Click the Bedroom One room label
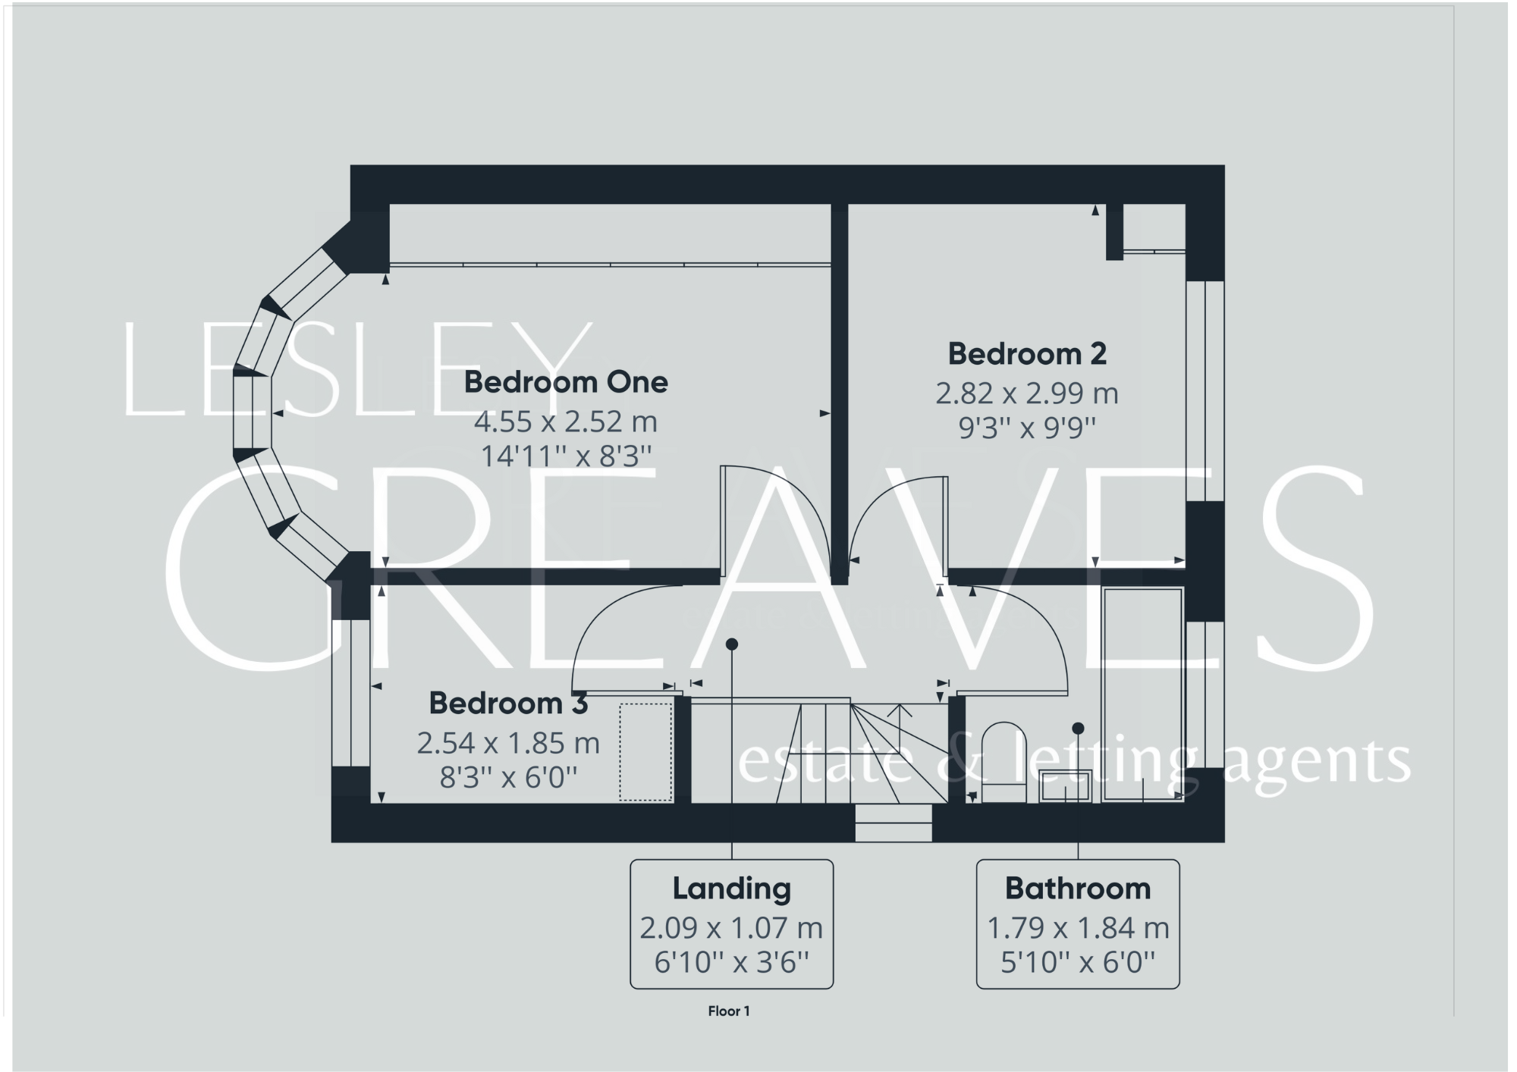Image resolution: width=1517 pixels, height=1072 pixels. click(566, 382)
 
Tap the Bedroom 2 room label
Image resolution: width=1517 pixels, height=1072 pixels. click(1026, 354)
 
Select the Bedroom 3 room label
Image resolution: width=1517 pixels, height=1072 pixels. click(507, 704)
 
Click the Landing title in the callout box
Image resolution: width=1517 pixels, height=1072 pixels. click(731, 889)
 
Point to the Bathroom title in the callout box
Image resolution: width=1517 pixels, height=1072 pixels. click(1077, 889)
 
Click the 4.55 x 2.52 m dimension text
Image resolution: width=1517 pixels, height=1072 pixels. click(566, 422)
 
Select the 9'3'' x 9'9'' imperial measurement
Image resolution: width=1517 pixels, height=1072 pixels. click(1026, 429)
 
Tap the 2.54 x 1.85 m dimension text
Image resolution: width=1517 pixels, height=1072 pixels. click(507, 744)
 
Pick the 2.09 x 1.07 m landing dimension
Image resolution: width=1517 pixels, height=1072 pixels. click(731, 928)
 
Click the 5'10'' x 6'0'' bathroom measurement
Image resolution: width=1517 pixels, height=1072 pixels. click(1077, 963)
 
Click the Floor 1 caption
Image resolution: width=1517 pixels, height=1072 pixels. click(728, 1011)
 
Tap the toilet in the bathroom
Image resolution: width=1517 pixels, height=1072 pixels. click(1003, 762)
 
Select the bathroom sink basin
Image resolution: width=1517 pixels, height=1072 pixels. click(1065, 785)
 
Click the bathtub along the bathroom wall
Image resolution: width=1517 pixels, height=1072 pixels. click(1143, 694)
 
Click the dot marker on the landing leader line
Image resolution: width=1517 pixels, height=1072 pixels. click(731, 644)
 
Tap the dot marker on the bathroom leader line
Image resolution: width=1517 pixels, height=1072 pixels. click(1077, 729)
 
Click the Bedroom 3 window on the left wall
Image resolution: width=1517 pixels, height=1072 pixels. click(351, 694)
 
